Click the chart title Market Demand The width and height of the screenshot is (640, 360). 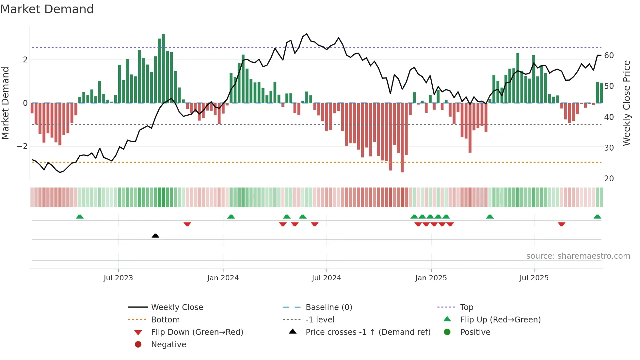pyautogui.click(x=47, y=9)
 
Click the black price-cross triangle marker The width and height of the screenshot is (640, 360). pyautogui.click(x=155, y=236)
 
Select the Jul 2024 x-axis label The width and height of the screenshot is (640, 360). pyautogui.click(x=326, y=278)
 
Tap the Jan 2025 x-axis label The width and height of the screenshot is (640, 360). pyautogui.click(x=431, y=278)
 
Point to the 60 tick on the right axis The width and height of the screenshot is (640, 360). pyautogui.click(x=609, y=56)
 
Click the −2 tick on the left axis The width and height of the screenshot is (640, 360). pyautogui.click(x=23, y=146)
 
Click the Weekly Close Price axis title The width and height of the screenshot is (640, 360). pyautogui.click(x=626, y=103)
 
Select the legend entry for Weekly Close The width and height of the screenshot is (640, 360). pyautogui.click(x=177, y=307)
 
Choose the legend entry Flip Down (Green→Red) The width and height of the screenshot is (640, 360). pyautogui.click(x=197, y=332)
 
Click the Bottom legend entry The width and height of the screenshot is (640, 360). pyautogui.click(x=165, y=320)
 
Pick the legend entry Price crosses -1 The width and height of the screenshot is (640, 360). pyautogui.click(x=368, y=332)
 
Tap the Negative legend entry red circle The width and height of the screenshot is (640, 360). pyautogui.click(x=138, y=345)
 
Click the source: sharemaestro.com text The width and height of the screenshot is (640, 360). pyautogui.click(x=578, y=256)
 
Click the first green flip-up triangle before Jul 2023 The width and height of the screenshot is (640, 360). pyautogui.click(x=80, y=217)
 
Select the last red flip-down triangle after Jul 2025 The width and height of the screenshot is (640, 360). pyautogui.click(x=561, y=224)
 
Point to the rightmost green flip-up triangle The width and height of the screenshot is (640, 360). pyautogui.click(x=597, y=217)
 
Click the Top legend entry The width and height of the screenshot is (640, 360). pyautogui.click(x=466, y=307)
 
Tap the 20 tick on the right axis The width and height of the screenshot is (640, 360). pyautogui.click(x=609, y=179)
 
